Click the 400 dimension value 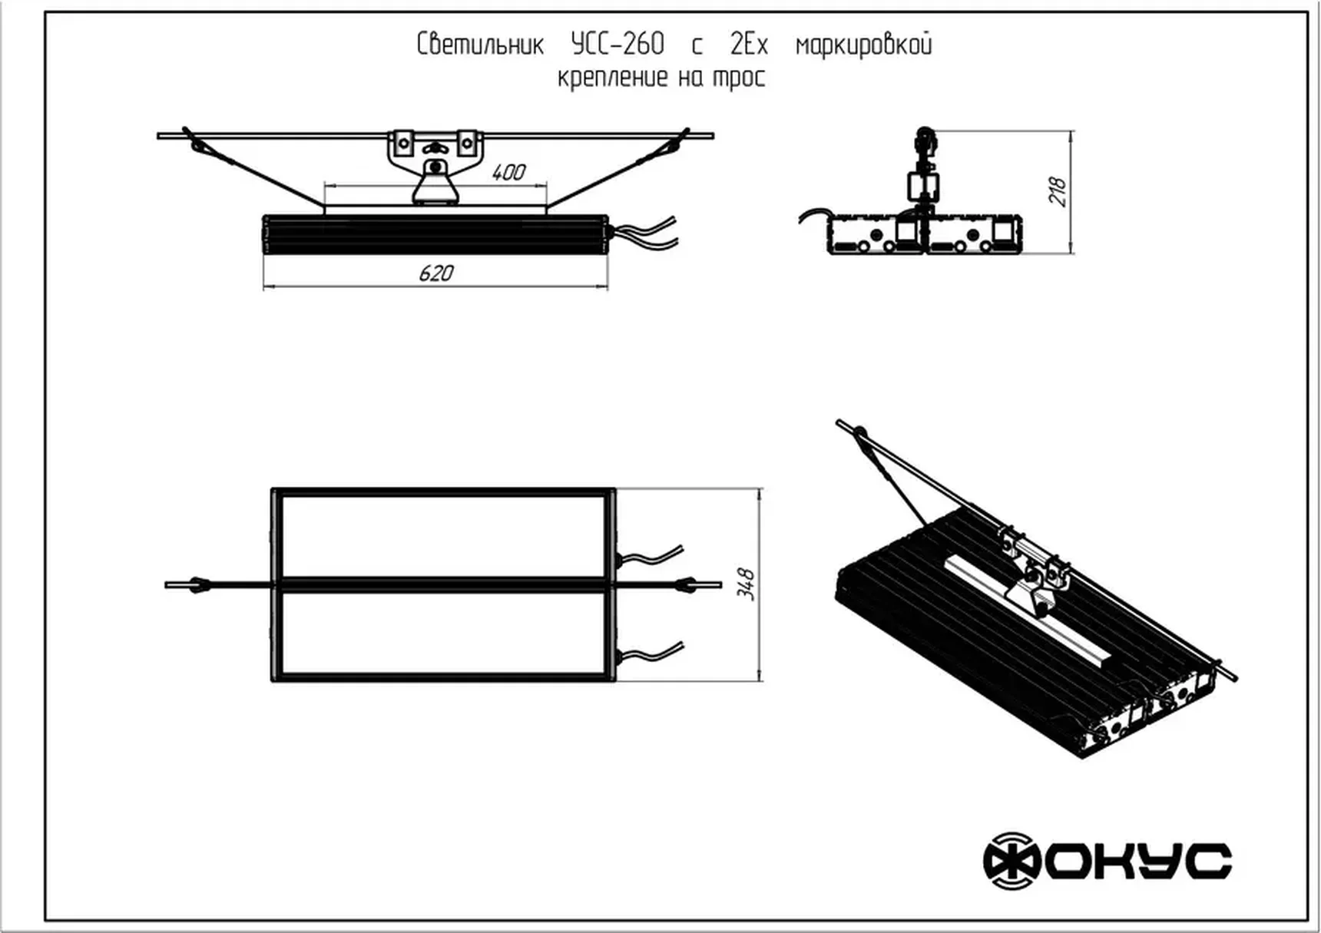[x=508, y=172]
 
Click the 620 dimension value [x=436, y=273]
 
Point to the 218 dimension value [x=1058, y=191]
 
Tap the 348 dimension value [x=746, y=584]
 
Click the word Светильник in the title [x=480, y=45]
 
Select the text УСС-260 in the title [x=617, y=45]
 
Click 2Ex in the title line [x=749, y=45]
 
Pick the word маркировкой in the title [x=863, y=45]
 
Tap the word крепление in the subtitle [x=612, y=78]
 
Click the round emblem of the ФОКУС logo [x=1011, y=861]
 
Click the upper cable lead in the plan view [x=653, y=556]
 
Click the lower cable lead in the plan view [x=653, y=653]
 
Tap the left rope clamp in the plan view [x=199, y=585]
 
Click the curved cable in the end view [x=813, y=217]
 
